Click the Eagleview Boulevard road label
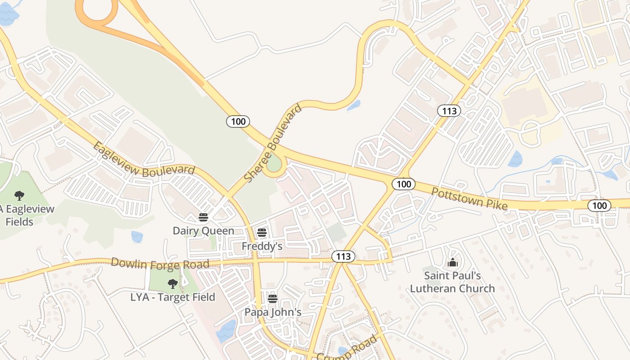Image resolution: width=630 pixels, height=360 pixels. point(144,159)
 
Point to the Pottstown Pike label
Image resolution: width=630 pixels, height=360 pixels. point(469,199)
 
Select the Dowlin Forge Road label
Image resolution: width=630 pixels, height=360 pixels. point(160,263)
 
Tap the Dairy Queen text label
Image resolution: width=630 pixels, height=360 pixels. point(203,231)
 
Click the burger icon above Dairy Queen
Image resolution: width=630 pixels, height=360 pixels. point(203,218)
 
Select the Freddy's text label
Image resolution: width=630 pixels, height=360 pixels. point(262,246)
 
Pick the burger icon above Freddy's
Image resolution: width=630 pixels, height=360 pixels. point(262,233)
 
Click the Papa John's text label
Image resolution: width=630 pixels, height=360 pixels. point(273,312)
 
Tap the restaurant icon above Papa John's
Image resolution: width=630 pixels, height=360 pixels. point(272,299)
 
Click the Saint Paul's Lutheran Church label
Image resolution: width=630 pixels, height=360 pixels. point(452,282)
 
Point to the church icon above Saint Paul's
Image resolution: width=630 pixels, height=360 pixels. point(452,262)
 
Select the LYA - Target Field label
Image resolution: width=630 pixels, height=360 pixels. point(173,297)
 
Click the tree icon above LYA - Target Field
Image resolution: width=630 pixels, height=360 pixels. point(172,283)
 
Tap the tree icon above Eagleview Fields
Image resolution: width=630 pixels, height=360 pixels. point(19,195)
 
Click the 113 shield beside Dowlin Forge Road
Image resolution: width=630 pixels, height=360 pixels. point(343,256)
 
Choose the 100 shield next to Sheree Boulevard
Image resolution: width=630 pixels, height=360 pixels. point(238,121)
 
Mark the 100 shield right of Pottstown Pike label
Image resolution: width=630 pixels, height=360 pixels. point(599,206)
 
